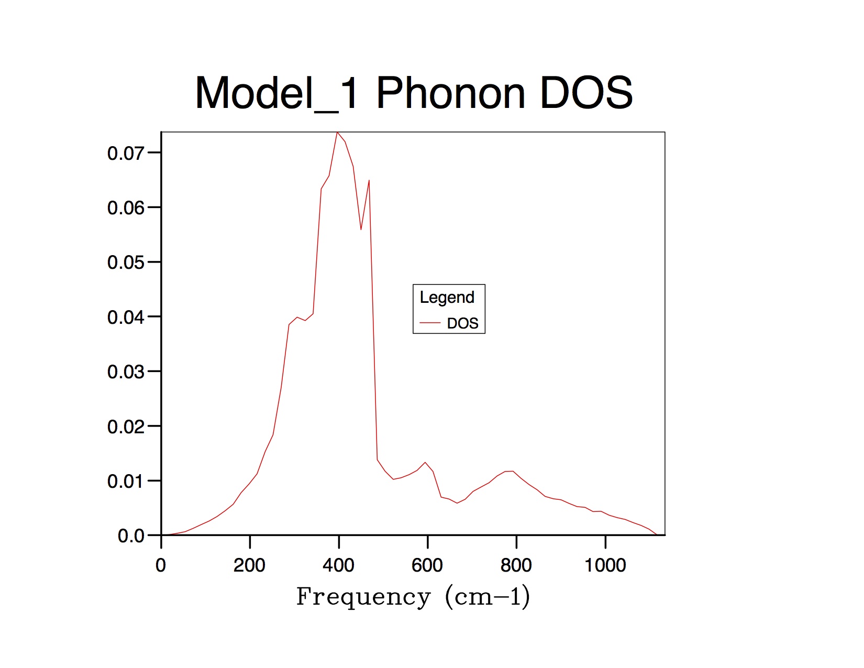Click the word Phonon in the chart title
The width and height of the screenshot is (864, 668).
click(x=450, y=93)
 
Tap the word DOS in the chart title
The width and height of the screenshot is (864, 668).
click(x=586, y=93)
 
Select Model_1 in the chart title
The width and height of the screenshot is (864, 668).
click(x=276, y=93)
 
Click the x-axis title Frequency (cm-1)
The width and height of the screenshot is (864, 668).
click(x=413, y=597)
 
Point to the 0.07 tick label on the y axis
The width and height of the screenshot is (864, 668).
click(x=125, y=154)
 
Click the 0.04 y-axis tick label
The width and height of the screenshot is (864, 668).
click(x=125, y=317)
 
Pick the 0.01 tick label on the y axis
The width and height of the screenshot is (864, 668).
click(x=125, y=481)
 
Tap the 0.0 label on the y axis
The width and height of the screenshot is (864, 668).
click(x=131, y=536)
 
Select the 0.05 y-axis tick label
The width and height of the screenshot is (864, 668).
click(x=125, y=262)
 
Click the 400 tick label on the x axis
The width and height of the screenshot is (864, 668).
click(x=338, y=565)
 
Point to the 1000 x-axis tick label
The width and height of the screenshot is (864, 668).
click(x=605, y=565)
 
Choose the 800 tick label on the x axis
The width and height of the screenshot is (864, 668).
click(x=516, y=565)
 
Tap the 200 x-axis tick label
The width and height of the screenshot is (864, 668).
click(x=249, y=565)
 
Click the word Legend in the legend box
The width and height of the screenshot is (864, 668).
click(x=447, y=298)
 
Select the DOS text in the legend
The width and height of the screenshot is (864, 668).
click(x=462, y=323)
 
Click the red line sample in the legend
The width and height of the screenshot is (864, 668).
click(x=430, y=323)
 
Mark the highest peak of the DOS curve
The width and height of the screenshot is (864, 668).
click(x=337, y=133)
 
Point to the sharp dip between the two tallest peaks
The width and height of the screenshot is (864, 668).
click(x=361, y=229)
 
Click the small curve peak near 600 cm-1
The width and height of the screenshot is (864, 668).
click(x=425, y=463)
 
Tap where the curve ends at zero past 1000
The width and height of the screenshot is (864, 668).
click(x=657, y=535)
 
